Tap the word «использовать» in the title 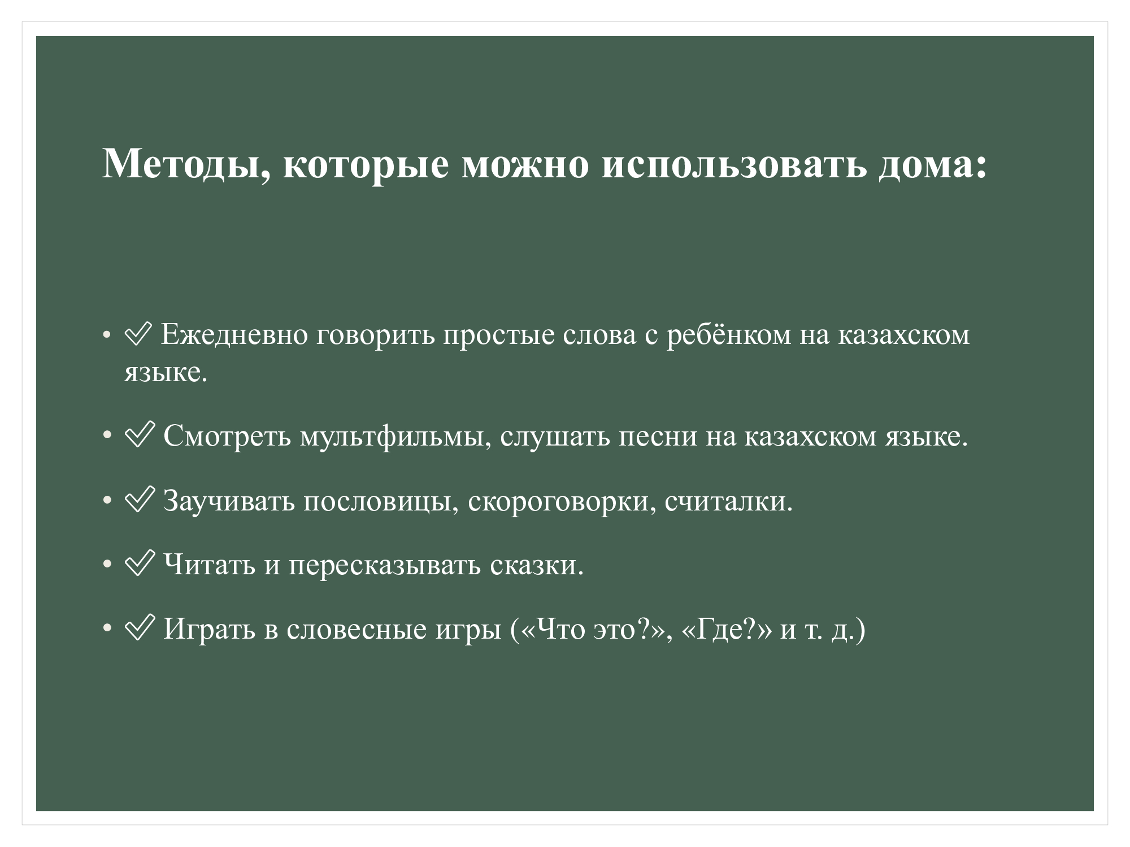(x=734, y=165)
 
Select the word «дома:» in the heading (x=933, y=165)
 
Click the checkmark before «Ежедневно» (x=138, y=334)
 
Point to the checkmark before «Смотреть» (x=139, y=434)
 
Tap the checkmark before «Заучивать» (x=139, y=499)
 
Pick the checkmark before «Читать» (x=139, y=563)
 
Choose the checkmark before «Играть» (x=139, y=627)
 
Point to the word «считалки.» (x=729, y=501)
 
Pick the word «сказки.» (x=537, y=565)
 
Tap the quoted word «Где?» (x=727, y=628)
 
